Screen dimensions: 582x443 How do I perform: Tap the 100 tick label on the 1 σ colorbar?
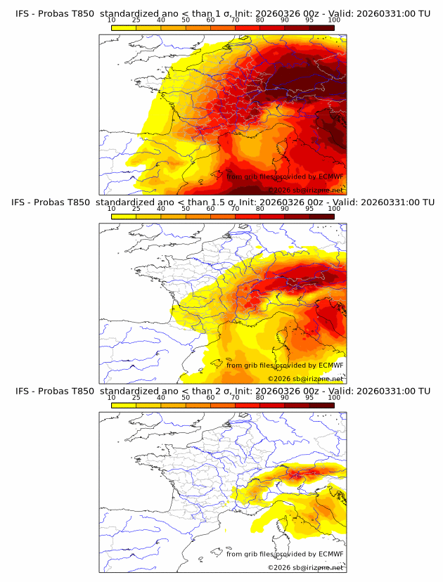click(334, 20)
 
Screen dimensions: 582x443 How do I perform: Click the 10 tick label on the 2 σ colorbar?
click(112, 397)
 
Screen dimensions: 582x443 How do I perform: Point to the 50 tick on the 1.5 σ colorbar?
click(186, 209)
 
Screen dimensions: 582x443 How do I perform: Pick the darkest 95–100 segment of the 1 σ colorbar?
click(321, 27)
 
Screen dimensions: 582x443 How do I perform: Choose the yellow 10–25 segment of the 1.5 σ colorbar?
click(124, 216)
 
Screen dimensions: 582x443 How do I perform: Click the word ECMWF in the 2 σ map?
click(331, 554)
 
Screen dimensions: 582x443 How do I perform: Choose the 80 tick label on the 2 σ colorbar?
click(260, 397)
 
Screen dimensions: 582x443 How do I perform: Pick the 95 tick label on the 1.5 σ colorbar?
click(309, 209)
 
